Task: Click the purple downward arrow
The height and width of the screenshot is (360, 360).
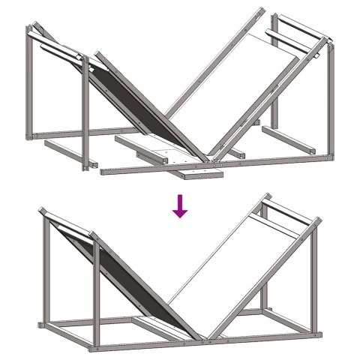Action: [x=179, y=205]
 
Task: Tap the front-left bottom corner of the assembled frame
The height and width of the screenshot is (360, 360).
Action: [x=95, y=347]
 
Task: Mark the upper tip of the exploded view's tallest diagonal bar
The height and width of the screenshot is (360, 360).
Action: [x=262, y=10]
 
